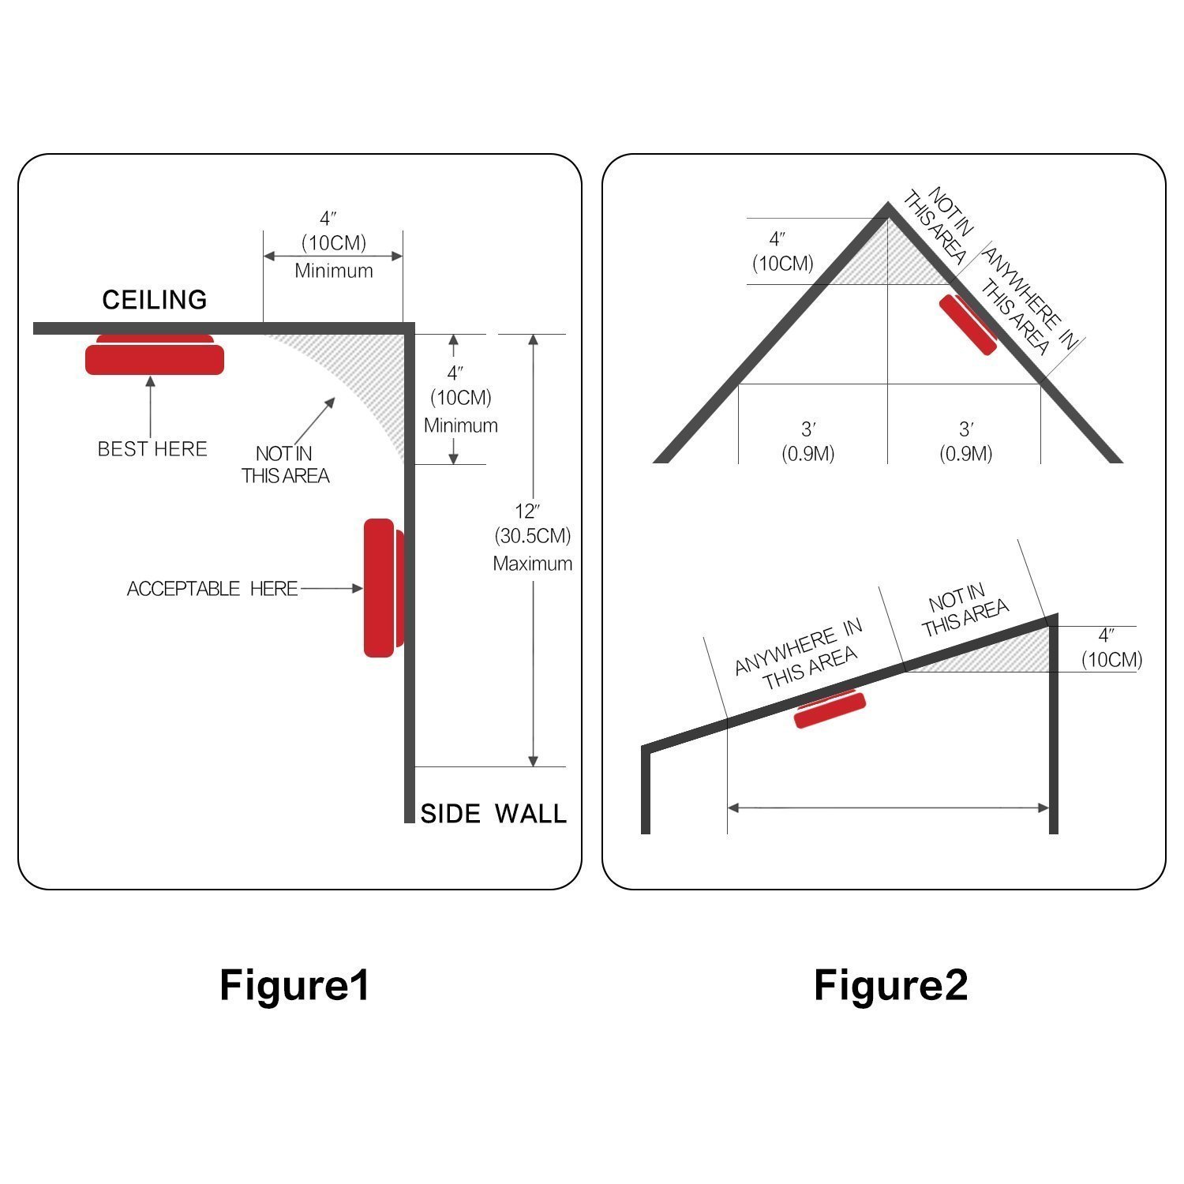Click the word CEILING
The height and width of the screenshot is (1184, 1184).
point(155,300)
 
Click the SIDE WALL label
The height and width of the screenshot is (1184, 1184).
point(493,814)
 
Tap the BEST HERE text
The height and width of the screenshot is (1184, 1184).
point(152,449)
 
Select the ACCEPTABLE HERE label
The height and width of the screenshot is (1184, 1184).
point(212,589)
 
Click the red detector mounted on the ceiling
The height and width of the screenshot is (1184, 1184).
point(155,357)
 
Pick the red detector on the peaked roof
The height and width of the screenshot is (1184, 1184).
point(968,324)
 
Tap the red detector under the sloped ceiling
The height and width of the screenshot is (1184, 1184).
point(829,708)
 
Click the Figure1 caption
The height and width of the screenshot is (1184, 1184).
point(294,985)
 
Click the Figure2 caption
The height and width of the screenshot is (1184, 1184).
point(890,985)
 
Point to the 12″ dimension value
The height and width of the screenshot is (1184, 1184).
point(527,511)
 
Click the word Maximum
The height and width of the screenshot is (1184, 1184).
point(533,564)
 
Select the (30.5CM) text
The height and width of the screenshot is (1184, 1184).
point(533,537)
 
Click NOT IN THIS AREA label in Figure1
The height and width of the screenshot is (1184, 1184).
point(286,465)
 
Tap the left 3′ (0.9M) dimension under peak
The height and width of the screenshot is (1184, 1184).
point(808,441)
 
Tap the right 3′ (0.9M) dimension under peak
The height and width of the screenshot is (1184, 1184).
point(965,441)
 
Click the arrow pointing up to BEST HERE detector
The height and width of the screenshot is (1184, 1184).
point(150,406)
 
